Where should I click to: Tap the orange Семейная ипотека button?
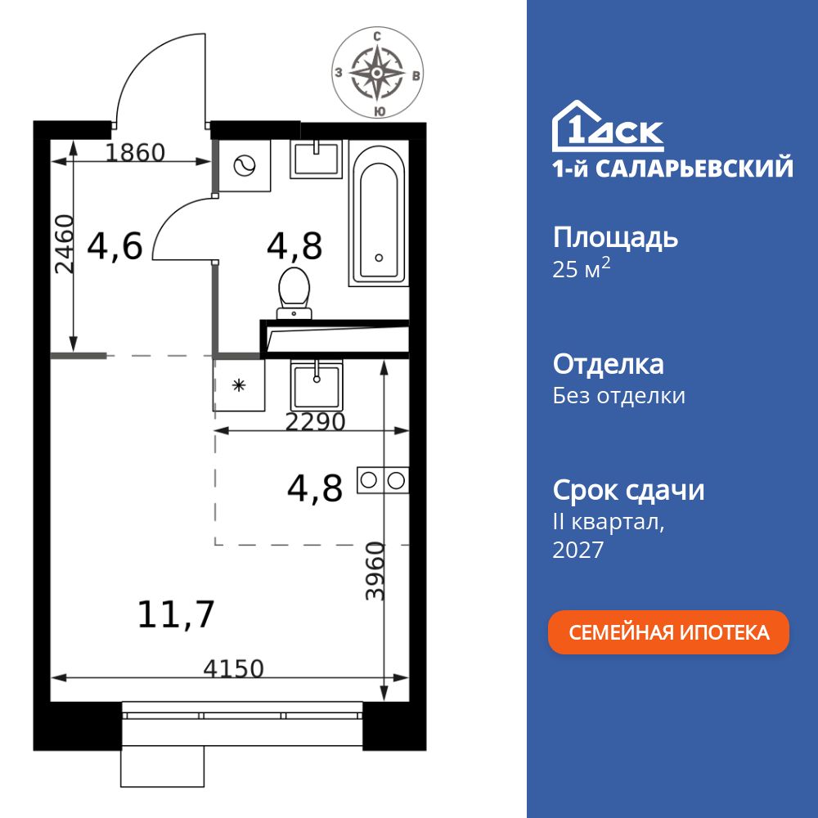(668, 632)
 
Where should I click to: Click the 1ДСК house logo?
(608, 126)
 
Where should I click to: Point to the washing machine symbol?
(245, 167)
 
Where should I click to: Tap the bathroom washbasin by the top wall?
(317, 158)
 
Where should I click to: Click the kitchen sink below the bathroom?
(317, 386)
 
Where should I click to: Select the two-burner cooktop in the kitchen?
(382, 480)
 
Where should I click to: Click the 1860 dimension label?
(136, 153)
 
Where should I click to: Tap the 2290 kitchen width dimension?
(315, 422)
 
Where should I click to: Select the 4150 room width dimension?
(234, 669)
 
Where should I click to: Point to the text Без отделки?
(618, 396)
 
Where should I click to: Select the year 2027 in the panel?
(578, 551)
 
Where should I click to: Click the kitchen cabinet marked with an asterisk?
(239, 384)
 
